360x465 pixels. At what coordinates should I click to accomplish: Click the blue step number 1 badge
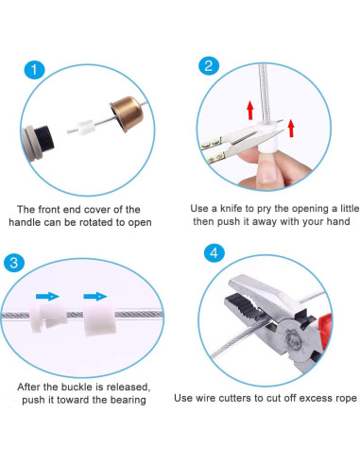[34, 70]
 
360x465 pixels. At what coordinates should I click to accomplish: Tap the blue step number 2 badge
[208, 66]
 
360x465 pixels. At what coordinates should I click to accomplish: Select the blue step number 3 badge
[14, 262]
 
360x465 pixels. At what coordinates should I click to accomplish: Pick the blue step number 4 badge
[214, 252]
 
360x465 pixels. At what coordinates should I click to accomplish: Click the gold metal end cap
[127, 113]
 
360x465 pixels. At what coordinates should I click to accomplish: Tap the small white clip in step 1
[83, 128]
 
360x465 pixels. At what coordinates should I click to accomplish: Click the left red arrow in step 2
[250, 110]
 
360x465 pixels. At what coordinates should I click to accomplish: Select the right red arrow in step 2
[291, 128]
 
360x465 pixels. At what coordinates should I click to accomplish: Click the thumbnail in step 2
[267, 171]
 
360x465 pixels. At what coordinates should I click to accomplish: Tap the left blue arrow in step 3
[47, 296]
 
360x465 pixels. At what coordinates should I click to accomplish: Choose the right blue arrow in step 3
[95, 296]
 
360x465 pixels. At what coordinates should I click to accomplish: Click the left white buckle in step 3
[48, 317]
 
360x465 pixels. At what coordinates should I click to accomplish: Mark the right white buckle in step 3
[99, 319]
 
